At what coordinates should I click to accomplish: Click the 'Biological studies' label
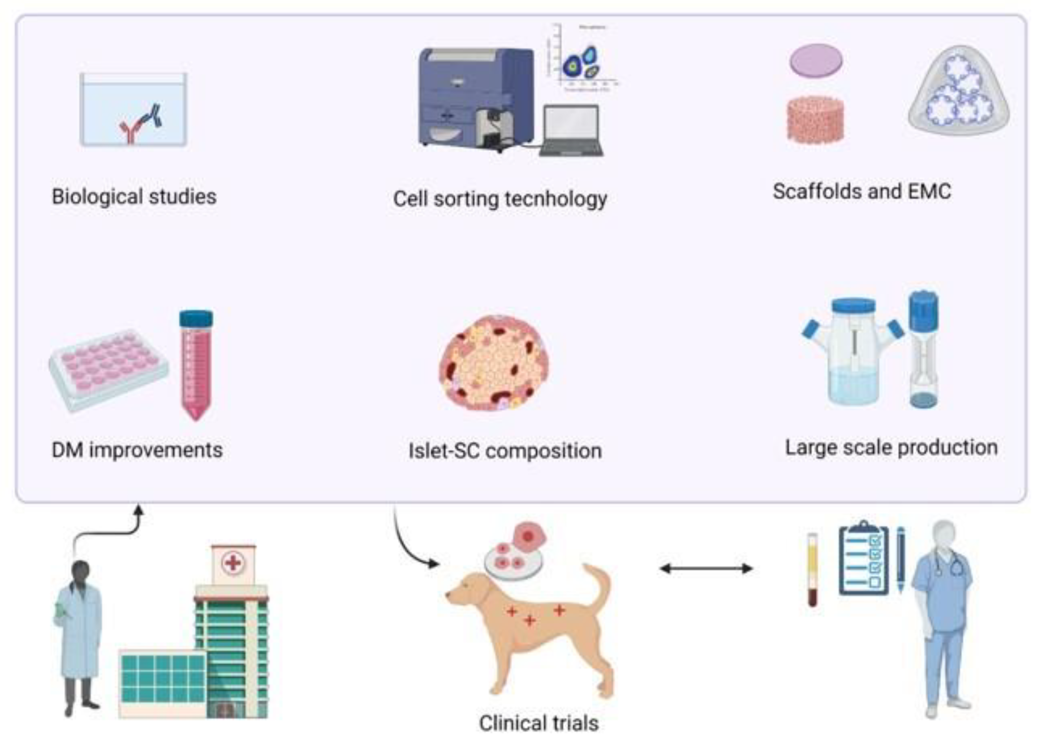coord(134,197)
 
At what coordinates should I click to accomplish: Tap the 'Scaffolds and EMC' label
coord(862,191)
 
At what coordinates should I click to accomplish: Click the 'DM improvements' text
coord(137,450)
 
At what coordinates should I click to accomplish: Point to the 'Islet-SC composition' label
coord(505,451)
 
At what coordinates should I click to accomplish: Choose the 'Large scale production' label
coord(891,447)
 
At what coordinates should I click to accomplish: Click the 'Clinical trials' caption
coord(539,723)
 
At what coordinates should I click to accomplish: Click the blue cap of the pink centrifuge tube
coord(196,318)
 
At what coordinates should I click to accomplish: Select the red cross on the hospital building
coord(233,563)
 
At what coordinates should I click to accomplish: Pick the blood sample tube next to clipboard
coord(812,570)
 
